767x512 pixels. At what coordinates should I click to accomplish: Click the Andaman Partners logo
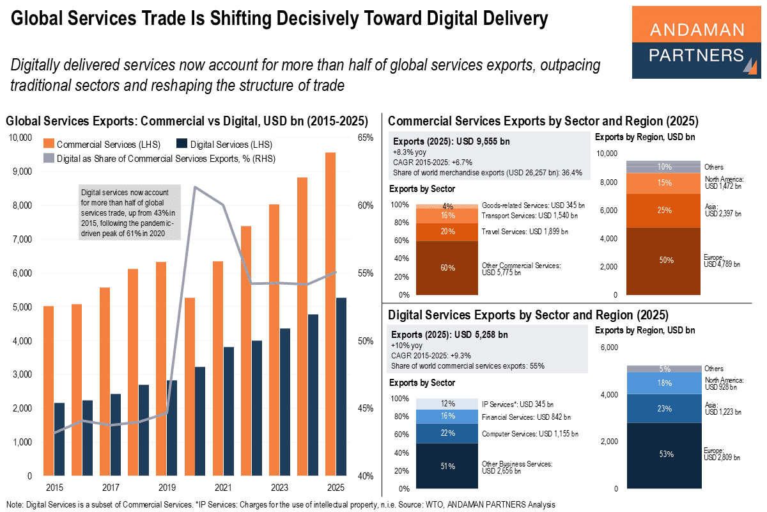(x=696, y=42)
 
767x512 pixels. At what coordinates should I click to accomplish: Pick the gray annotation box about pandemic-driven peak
(x=129, y=212)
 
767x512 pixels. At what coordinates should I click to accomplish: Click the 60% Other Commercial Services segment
(x=447, y=268)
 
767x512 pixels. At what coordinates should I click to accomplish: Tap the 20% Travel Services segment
(x=447, y=232)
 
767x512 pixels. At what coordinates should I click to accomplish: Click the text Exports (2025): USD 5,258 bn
(x=451, y=334)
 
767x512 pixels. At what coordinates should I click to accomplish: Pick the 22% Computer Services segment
(x=447, y=433)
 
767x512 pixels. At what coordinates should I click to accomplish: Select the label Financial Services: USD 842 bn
(x=526, y=417)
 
